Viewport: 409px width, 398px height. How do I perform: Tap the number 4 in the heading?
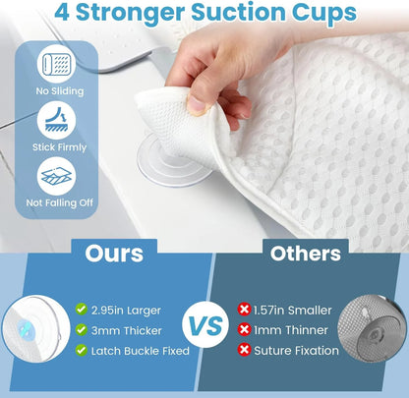pyautogui.click(x=62, y=14)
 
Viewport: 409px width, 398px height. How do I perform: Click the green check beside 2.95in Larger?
pyautogui.click(x=82, y=308)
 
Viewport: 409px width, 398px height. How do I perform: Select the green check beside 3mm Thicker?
pyautogui.click(x=82, y=329)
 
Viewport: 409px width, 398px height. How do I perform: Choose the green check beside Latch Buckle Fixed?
pyautogui.click(x=82, y=351)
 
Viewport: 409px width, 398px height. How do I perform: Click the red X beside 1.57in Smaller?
pyautogui.click(x=243, y=308)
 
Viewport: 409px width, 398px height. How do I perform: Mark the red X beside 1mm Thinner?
pyautogui.click(x=243, y=329)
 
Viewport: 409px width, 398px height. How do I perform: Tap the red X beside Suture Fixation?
pyautogui.click(x=243, y=351)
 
